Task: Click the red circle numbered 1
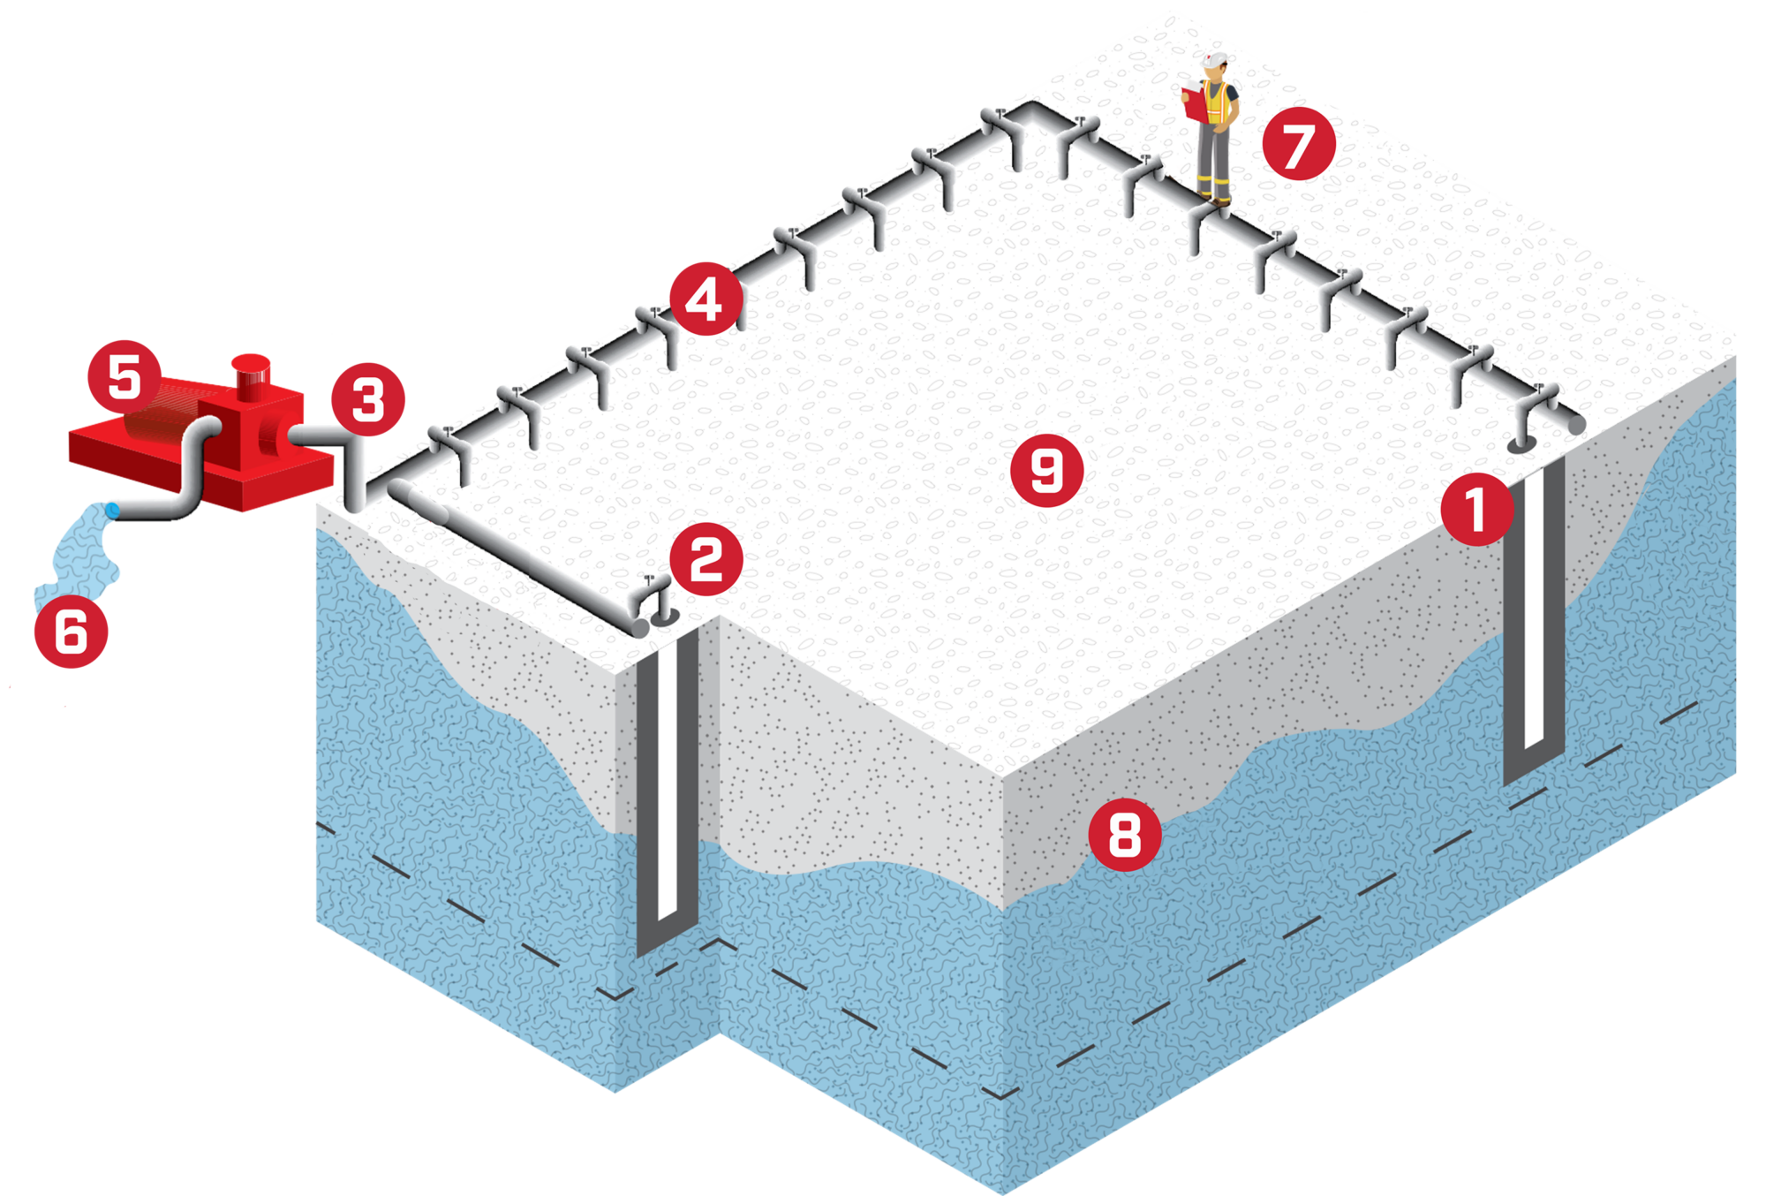[x=1476, y=509]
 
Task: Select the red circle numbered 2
[x=706, y=559]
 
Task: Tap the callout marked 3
[x=368, y=399]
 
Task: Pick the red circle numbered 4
[x=706, y=299]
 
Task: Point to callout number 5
[x=124, y=377]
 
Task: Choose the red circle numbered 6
[x=71, y=632]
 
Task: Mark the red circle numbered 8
[x=1124, y=834]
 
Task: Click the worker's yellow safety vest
[x=1218, y=104]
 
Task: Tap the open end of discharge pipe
[x=113, y=510]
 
